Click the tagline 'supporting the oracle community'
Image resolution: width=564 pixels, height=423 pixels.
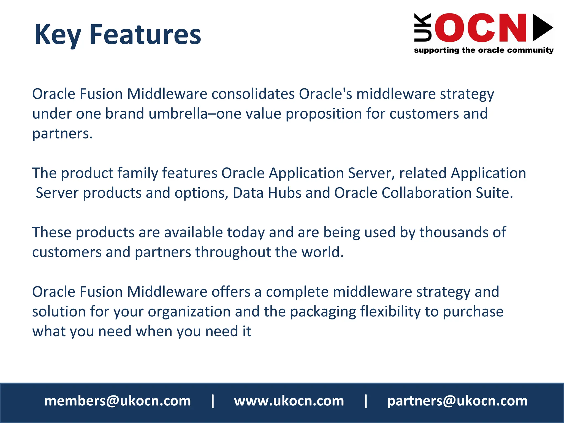point(484,50)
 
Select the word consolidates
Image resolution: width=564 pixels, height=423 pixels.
point(253,94)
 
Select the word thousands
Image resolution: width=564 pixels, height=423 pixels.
point(454,232)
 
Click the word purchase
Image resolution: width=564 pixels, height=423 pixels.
point(473,312)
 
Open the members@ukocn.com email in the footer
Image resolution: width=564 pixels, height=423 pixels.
point(118,401)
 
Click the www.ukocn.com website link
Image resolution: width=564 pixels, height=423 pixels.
point(289,401)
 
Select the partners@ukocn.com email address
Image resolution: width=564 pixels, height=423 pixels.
point(457,401)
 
